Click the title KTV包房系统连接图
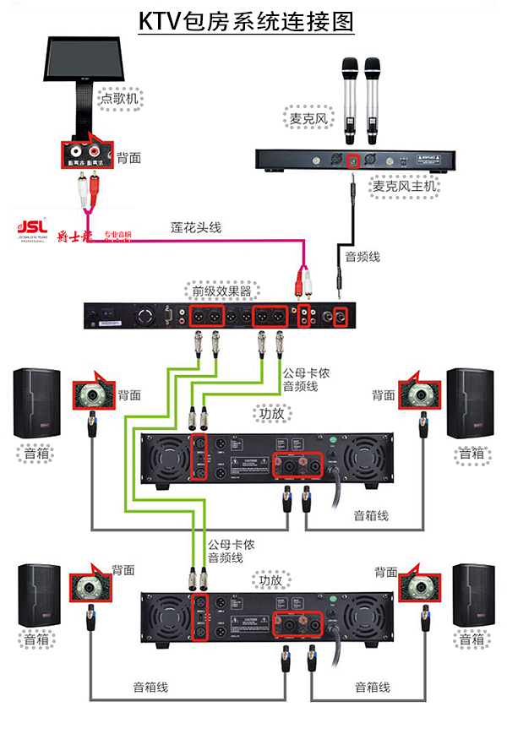[x=246, y=21]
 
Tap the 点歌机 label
[x=121, y=98]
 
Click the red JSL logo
[x=32, y=227]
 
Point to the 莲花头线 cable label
[x=195, y=226]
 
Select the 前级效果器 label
[x=219, y=292]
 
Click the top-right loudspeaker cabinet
[x=469, y=403]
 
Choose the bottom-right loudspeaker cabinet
[x=472, y=595]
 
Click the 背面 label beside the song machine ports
[x=128, y=157]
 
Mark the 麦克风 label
[x=308, y=119]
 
